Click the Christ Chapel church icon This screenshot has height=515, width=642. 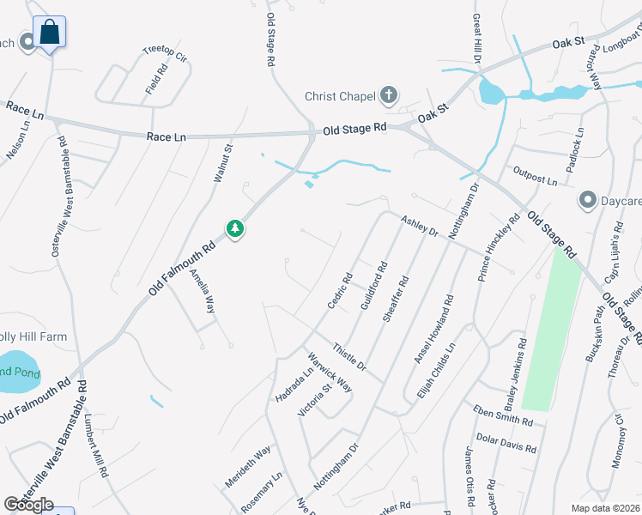[x=389, y=95]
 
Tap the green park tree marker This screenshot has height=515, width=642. [x=234, y=229]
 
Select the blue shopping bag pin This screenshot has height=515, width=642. [x=51, y=33]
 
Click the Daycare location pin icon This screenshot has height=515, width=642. [x=588, y=201]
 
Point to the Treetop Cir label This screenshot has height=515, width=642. [x=164, y=54]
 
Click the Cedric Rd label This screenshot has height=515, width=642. [x=340, y=291]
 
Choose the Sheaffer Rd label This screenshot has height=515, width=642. [x=397, y=298]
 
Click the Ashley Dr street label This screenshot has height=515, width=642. [x=421, y=227]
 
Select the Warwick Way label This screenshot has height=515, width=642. [x=330, y=372]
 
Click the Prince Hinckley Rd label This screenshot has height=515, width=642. [x=500, y=248]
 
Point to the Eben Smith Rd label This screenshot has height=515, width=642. [x=502, y=415]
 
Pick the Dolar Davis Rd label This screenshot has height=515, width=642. [x=506, y=443]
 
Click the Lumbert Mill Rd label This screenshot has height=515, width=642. [x=95, y=446]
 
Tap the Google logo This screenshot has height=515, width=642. [x=28, y=505]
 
